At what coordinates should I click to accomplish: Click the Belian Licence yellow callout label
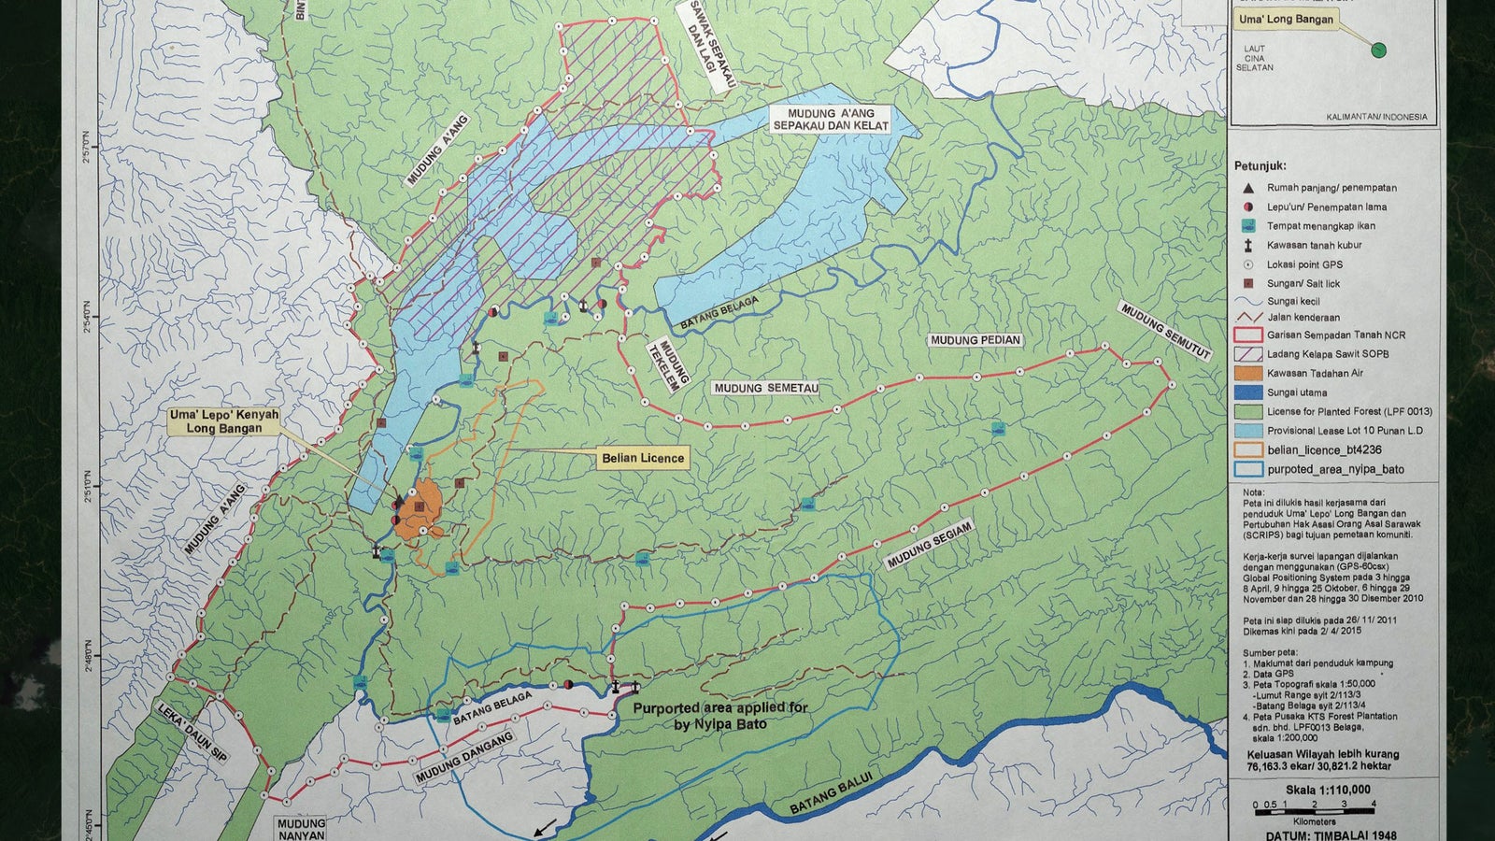tap(644, 457)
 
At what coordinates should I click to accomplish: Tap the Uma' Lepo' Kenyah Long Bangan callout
tap(224, 420)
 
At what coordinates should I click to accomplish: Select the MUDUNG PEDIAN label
tap(975, 340)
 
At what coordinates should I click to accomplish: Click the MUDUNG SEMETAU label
tap(765, 388)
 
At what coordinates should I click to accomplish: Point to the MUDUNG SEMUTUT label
tap(1165, 331)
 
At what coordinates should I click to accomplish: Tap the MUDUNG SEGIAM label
tap(930, 545)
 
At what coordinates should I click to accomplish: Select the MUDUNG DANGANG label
tap(464, 757)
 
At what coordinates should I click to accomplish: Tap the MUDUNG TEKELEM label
tap(674, 363)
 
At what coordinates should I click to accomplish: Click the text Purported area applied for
tap(720, 707)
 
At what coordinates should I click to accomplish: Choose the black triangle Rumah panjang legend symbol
tap(1248, 188)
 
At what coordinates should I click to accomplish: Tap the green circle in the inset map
tap(1378, 50)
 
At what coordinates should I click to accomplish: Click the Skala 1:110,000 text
tap(1328, 790)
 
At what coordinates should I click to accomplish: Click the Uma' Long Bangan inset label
tap(1287, 19)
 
